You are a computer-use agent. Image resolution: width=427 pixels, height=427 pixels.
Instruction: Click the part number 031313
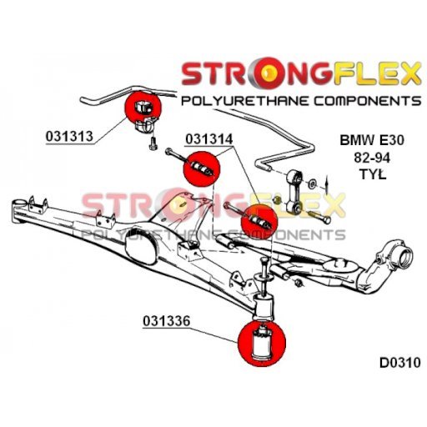(x=69, y=137)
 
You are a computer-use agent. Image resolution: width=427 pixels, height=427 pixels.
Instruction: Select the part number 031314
(x=208, y=139)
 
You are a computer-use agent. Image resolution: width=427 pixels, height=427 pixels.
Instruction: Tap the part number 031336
(x=167, y=321)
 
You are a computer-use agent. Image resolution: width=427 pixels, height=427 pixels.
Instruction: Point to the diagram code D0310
(x=400, y=363)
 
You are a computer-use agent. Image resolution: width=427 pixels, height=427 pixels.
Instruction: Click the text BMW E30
(x=372, y=140)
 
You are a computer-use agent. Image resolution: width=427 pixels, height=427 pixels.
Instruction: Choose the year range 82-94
(x=372, y=158)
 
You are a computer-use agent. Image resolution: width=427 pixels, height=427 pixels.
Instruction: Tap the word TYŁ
(x=373, y=174)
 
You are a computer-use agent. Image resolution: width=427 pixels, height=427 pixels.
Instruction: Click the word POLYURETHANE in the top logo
(x=244, y=101)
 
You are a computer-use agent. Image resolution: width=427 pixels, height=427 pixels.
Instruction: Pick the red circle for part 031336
(x=262, y=343)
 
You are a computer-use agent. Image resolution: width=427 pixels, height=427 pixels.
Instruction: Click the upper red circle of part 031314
(x=202, y=168)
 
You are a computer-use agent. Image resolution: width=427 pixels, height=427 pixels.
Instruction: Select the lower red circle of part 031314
(x=259, y=222)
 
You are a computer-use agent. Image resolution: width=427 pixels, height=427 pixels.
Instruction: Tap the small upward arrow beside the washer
(x=327, y=184)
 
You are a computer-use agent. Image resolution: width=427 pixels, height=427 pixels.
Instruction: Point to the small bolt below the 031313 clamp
(x=153, y=143)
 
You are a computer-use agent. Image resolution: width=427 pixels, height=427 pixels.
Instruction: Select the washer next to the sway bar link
(x=313, y=183)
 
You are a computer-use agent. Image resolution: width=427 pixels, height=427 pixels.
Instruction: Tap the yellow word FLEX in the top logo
(x=377, y=74)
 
